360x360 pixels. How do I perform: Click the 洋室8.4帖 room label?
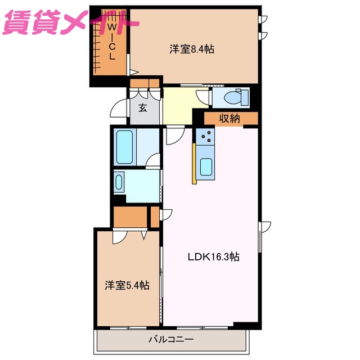(192, 49)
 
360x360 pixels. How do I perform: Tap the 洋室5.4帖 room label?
(127, 285)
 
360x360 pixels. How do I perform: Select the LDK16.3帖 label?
(213, 257)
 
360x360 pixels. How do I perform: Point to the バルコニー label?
(171, 340)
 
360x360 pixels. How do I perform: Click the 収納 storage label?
(229, 118)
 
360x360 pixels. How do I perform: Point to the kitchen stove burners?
(205, 136)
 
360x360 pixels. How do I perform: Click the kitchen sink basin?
(206, 166)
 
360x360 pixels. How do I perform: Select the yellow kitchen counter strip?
(194, 163)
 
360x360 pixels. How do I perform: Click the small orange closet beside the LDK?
(155, 216)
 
